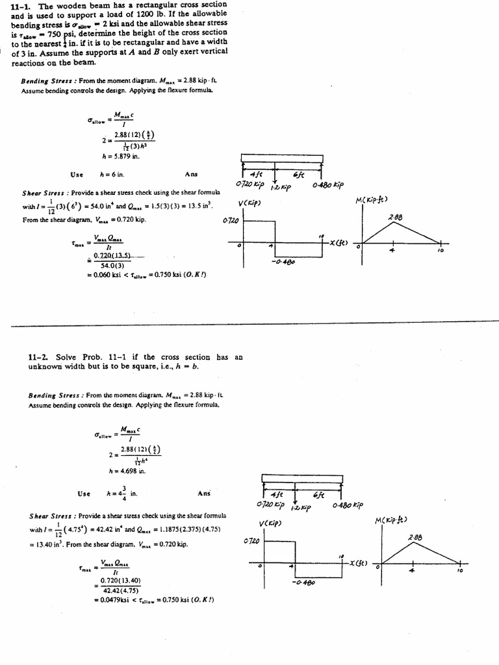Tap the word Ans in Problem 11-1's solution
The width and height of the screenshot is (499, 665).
(191, 174)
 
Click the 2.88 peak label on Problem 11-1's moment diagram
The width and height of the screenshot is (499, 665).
(396, 217)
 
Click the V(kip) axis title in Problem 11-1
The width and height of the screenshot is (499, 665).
(250, 203)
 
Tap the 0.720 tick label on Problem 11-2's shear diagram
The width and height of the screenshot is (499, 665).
(251, 540)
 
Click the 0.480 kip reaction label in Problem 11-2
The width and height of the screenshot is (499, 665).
(348, 505)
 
